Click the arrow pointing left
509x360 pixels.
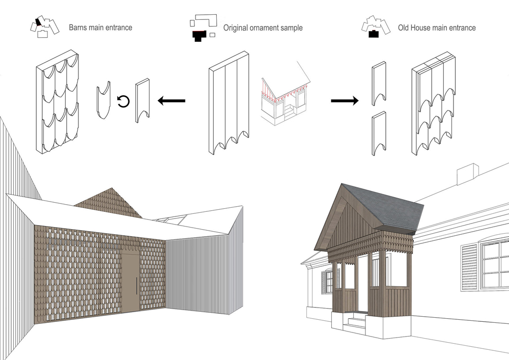point(171,101)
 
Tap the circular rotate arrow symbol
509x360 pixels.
point(123,101)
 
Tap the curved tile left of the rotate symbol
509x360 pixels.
point(104,101)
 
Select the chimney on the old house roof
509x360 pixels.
point(466,176)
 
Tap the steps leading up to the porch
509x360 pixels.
point(356,321)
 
